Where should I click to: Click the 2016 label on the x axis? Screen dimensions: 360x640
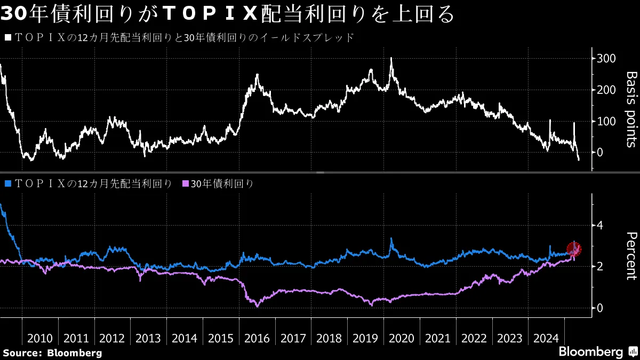(257, 338)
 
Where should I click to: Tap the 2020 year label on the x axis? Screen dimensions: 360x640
(402, 338)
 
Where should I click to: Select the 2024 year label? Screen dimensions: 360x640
(546, 338)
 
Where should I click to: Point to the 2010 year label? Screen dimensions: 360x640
(40, 338)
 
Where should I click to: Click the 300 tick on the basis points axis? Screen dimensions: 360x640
(607, 58)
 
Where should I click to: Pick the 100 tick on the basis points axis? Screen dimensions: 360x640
(607, 121)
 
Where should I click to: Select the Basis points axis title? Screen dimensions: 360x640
(630, 109)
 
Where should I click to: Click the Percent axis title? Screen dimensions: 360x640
(630, 256)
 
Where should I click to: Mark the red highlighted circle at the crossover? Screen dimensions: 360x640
(574, 249)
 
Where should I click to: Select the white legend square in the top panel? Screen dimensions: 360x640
(7, 38)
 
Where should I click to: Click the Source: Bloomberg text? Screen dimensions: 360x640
(52, 353)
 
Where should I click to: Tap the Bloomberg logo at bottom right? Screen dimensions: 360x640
(597, 352)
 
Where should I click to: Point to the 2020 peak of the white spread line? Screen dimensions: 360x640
(391, 58)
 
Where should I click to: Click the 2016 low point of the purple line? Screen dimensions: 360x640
(257, 306)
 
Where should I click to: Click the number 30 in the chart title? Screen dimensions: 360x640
(12, 14)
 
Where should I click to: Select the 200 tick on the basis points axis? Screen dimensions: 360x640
(607, 90)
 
